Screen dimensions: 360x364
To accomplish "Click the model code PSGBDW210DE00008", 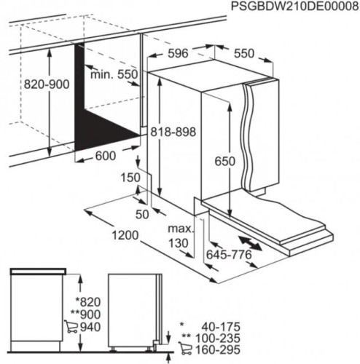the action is click(x=294, y=7).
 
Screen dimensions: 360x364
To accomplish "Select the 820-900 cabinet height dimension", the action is click(x=47, y=84).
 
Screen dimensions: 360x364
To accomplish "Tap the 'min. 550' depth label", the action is click(x=114, y=74).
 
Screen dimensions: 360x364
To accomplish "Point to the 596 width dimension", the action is click(x=179, y=53).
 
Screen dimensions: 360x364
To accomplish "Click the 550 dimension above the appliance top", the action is click(x=244, y=53).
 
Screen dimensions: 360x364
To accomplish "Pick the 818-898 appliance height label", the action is click(x=173, y=132).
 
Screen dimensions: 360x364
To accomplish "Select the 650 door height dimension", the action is click(x=225, y=161).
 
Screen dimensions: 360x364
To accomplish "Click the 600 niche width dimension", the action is click(x=106, y=156).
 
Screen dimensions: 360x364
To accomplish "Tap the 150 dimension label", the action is click(x=130, y=178).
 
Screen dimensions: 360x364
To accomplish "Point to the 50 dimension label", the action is click(x=142, y=214).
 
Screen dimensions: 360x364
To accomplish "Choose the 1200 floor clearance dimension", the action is click(x=125, y=235).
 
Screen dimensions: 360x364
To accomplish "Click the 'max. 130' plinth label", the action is click(x=181, y=236).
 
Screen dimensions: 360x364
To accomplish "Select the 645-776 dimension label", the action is click(x=229, y=255).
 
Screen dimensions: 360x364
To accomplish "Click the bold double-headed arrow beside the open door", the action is click(x=250, y=243).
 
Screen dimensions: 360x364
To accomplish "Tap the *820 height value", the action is click(x=88, y=302).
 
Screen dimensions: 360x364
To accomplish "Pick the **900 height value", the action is click(x=85, y=314).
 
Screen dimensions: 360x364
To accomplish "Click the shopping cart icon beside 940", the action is click(x=71, y=326).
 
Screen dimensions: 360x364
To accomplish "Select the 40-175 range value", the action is click(x=221, y=327).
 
